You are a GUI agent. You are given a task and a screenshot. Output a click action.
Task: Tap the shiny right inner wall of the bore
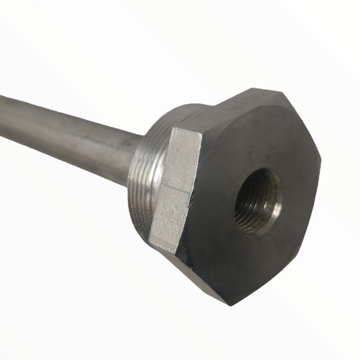pyautogui.click(x=274, y=201)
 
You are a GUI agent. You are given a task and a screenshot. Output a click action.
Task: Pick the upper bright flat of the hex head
pyautogui.click(x=183, y=159)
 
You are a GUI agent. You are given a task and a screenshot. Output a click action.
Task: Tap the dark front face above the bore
pyautogui.click(x=252, y=144)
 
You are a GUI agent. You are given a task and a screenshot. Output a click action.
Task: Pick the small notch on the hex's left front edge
pyautogui.click(x=193, y=193)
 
